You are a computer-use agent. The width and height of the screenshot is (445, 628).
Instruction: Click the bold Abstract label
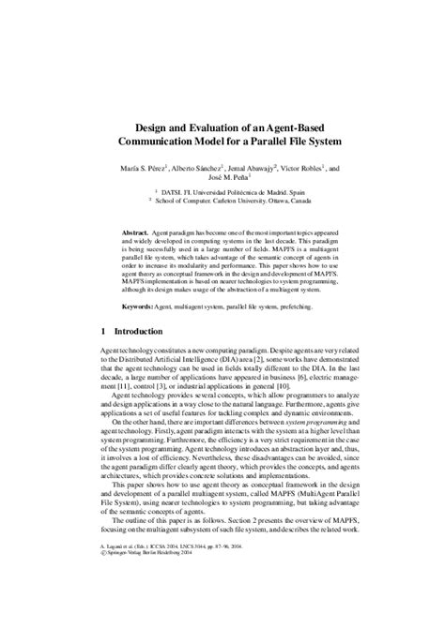click(139, 232)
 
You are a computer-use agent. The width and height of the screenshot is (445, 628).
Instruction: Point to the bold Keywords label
click(141, 308)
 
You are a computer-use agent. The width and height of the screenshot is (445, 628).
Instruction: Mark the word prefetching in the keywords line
click(302, 308)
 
